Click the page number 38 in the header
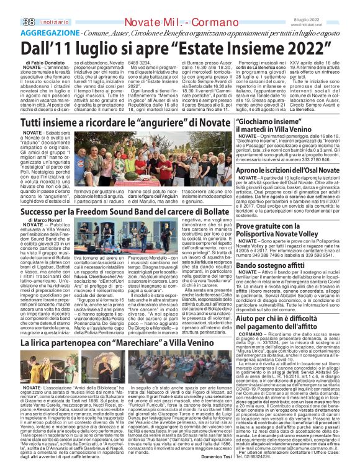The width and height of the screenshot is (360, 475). (x=12, y=5)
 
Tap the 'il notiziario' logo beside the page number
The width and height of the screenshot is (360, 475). (x=37, y=6)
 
